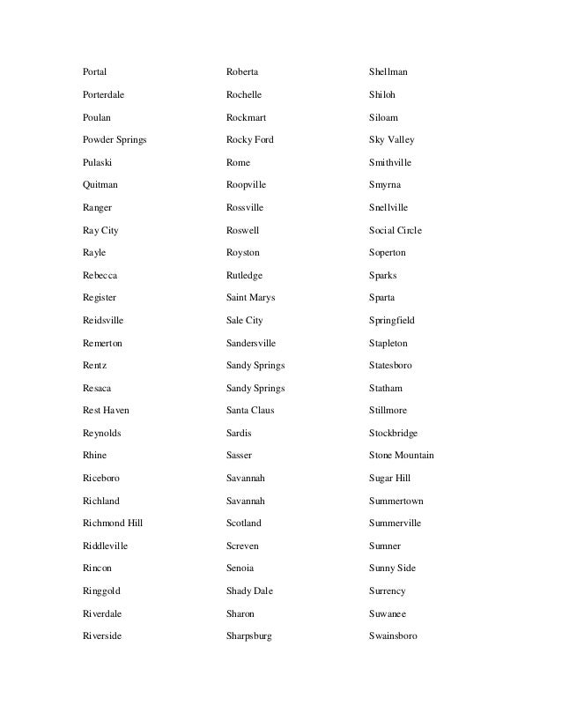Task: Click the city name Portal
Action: [x=94, y=71]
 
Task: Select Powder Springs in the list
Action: [x=115, y=140]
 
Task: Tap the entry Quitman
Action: [x=100, y=185]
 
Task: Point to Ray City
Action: [x=100, y=230]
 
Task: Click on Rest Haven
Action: [x=106, y=411]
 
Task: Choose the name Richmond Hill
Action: [x=113, y=524]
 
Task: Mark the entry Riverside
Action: [x=102, y=636]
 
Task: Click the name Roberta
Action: [x=242, y=71]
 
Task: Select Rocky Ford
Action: [x=250, y=140]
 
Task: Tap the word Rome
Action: [x=238, y=163]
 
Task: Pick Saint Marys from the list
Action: [x=251, y=298]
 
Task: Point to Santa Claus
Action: [x=250, y=411]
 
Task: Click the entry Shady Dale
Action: [x=250, y=591]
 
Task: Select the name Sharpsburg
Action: [x=249, y=636]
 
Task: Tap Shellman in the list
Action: [x=388, y=71]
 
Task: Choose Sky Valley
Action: [x=392, y=140]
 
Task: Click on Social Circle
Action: [x=396, y=230]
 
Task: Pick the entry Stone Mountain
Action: [x=402, y=456]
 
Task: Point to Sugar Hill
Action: [x=390, y=479]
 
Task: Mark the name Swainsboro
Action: [x=393, y=636]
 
